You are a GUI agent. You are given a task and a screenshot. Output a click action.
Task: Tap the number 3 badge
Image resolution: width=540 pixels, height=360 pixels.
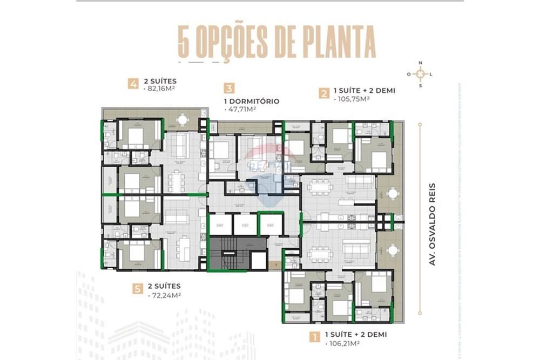click(230, 89)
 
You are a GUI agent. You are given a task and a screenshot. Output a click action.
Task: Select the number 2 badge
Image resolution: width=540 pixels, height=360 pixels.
click(324, 94)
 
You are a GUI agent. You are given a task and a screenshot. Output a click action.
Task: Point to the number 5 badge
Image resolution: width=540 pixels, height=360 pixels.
click(137, 289)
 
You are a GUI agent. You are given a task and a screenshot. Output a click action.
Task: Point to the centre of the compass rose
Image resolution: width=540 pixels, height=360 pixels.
click(420, 74)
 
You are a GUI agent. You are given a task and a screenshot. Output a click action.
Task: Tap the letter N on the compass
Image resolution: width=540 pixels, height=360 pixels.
click(420, 63)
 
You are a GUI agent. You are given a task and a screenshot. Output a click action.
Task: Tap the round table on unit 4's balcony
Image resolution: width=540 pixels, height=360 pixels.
click(183, 118)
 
